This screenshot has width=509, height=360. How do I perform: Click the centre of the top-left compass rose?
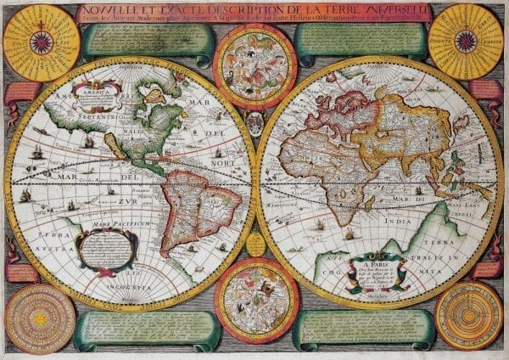click(x=41, y=42)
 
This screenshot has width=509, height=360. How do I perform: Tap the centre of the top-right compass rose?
click(x=466, y=40)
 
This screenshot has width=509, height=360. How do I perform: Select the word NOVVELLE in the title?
click(x=109, y=10)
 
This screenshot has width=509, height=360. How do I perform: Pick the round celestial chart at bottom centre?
click(x=255, y=299)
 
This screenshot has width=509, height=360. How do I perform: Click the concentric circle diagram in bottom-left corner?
click(x=39, y=318)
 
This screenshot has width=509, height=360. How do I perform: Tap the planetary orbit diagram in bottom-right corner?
click(x=468, y=315)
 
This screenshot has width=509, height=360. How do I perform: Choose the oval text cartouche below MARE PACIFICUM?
click(x=106, y=249)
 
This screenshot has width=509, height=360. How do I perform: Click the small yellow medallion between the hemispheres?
click(x=255, y=245)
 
